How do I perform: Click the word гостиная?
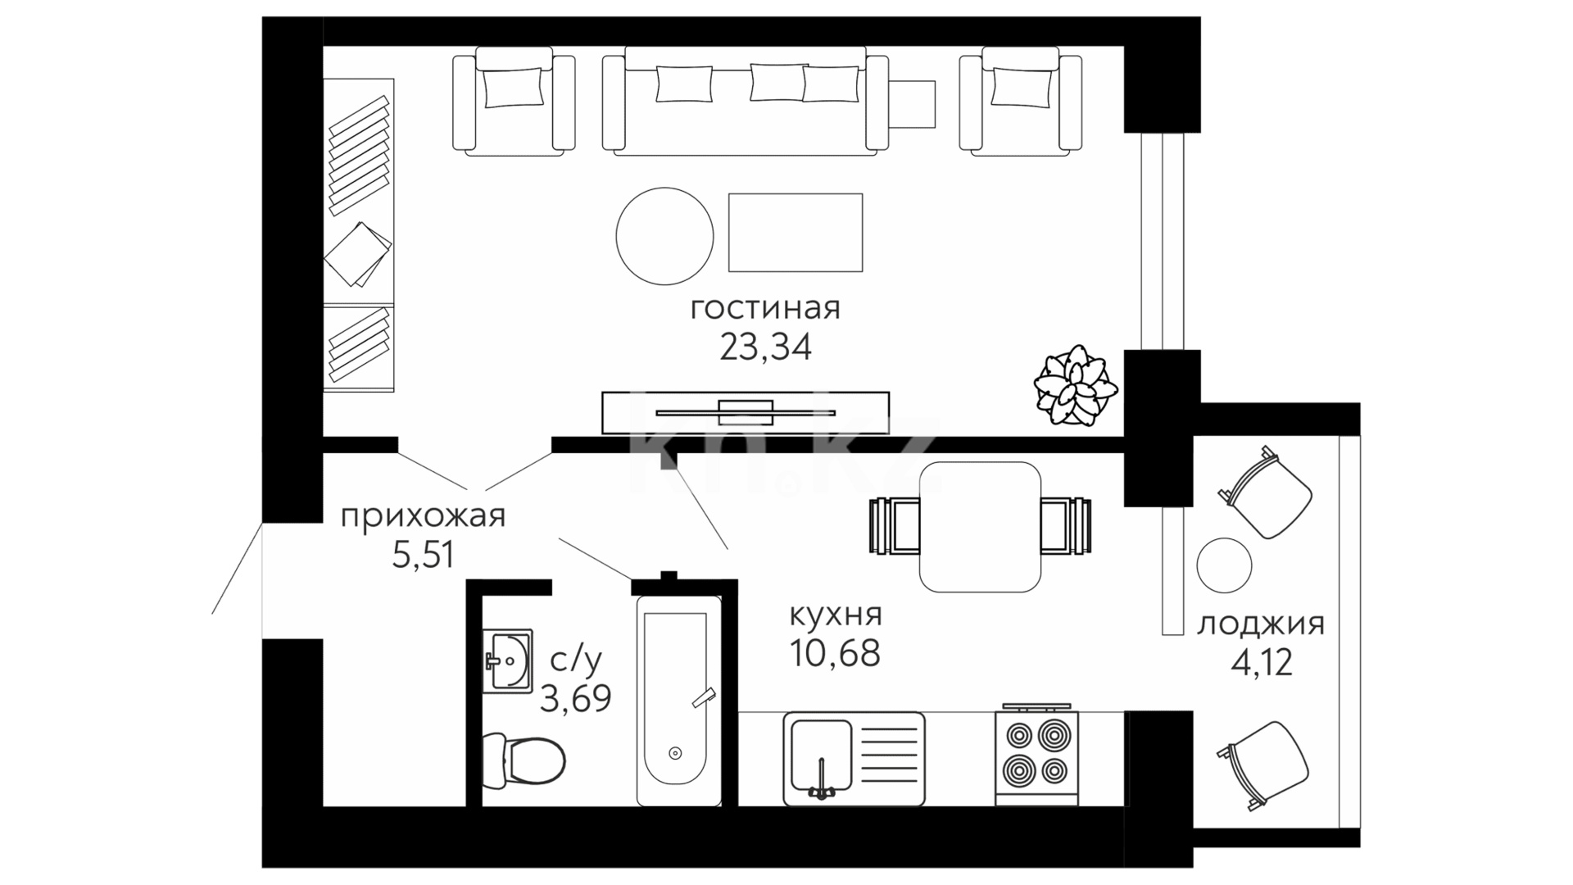[x=765, y=310]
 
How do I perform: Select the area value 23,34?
[x=765, y=347]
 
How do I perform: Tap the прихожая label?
[x=423, y=518]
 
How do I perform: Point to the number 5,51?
[x=423, y=556]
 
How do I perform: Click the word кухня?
[x=836, y=615]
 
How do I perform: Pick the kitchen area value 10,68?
[x=836, y=653]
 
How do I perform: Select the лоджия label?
[x=1261, y=624]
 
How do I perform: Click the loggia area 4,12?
[x=1262, y=662]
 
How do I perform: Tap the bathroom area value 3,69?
[x=575, y=699]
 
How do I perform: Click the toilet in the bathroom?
[x=523, y=759]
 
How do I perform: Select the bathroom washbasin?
[x=507, y=660]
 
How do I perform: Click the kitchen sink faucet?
[x=821, y=778]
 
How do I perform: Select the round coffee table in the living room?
[x=664, y=236]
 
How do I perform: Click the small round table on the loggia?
[x=1224, y=565]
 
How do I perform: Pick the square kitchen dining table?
[x=980, y=527]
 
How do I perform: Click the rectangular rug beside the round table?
[x=796, y=233]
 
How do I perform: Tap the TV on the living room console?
[x=746, y=412]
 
